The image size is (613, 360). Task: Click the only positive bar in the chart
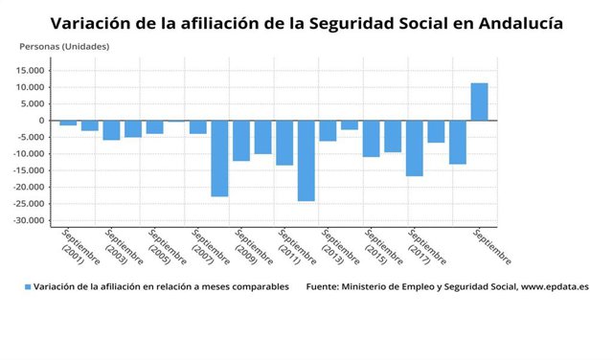479,101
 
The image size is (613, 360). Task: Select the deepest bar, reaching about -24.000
306,160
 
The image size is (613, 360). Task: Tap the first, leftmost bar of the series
68,123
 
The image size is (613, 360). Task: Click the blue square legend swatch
27,286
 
